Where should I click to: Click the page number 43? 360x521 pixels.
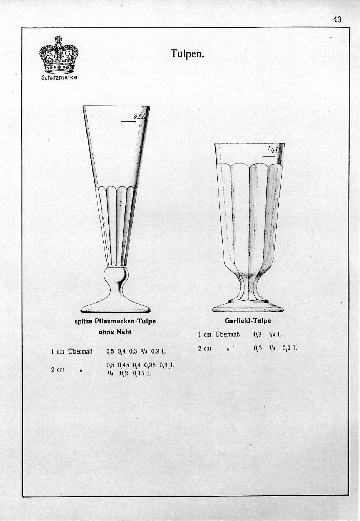point(337,19)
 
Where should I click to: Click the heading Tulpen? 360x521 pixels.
point(187,54)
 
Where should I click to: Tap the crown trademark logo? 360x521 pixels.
point(59,55)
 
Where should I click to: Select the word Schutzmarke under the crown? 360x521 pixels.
point(59,77)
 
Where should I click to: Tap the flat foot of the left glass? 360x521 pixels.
point(116,308)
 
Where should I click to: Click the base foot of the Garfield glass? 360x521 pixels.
point(248,307)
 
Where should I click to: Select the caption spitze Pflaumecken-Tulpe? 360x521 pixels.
point(115,321)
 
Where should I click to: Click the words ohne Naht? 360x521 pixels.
point(115,332)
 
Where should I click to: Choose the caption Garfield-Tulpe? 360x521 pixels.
point(248,321)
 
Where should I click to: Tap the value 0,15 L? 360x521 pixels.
point(142,373)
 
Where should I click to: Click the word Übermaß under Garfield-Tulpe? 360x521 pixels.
point(227,335)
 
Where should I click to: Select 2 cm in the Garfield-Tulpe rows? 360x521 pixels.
point(205,348)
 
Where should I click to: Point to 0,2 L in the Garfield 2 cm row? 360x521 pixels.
point(290,348)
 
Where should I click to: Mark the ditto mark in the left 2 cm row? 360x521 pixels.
point(81,370)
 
